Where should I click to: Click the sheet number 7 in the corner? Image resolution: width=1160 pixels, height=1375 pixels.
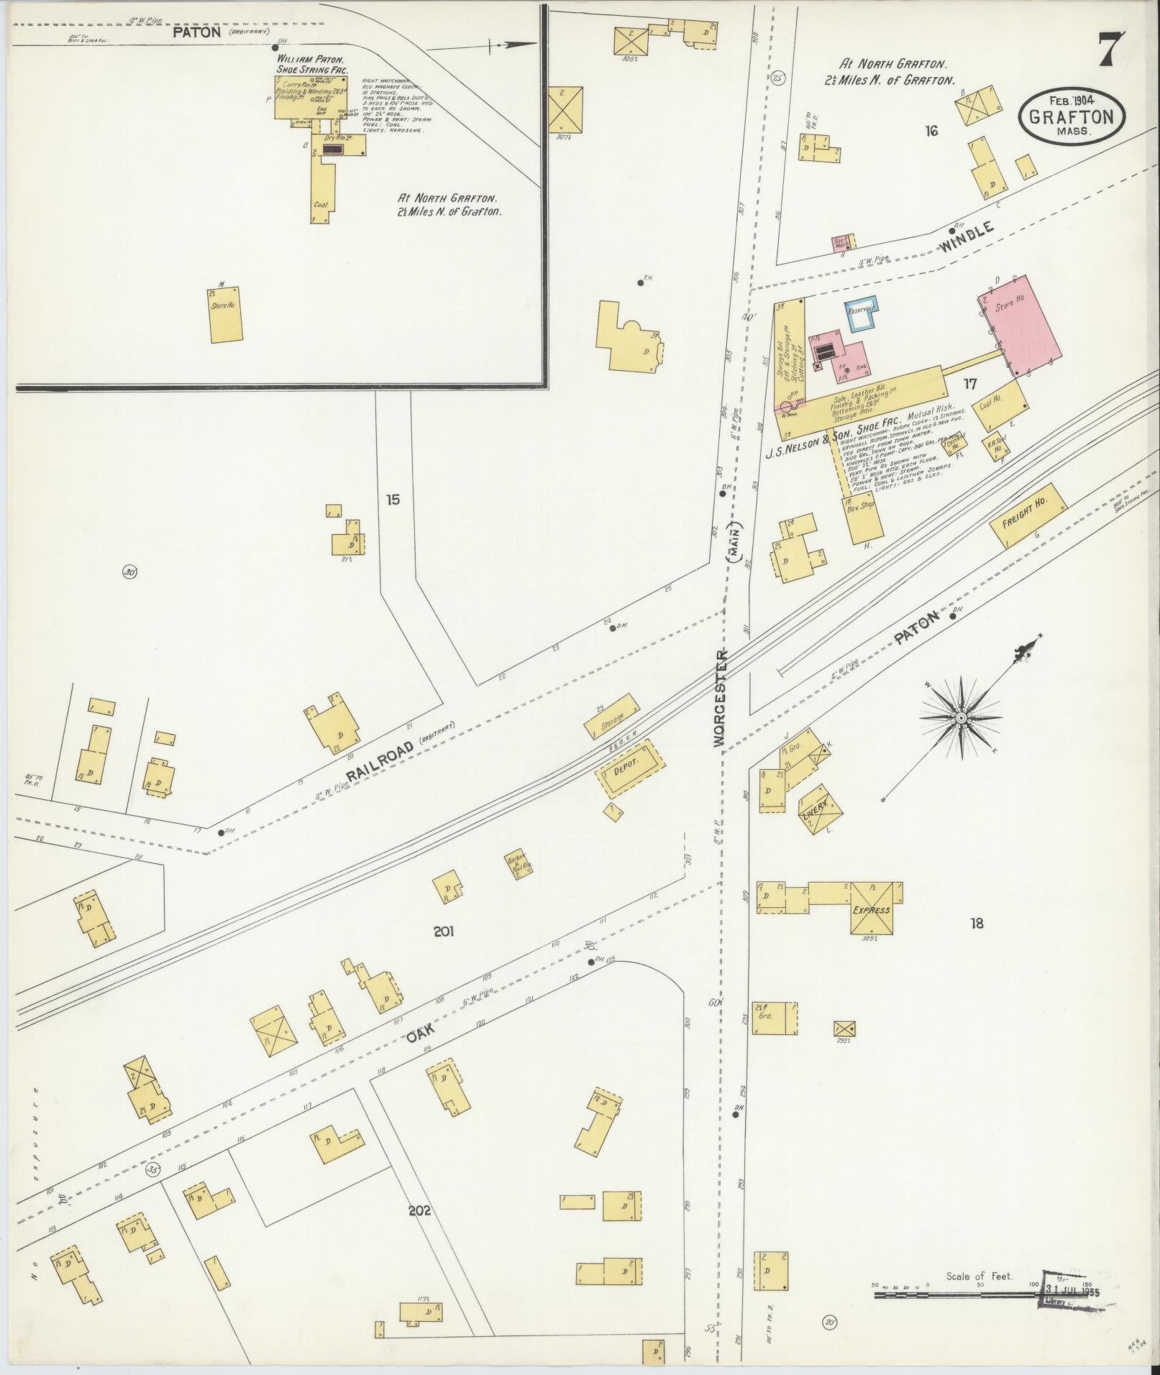1112,51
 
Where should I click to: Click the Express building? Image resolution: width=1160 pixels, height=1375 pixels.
872,909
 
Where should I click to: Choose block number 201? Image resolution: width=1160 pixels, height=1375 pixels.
444,932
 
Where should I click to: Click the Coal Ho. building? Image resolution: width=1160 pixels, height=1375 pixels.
997,403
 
